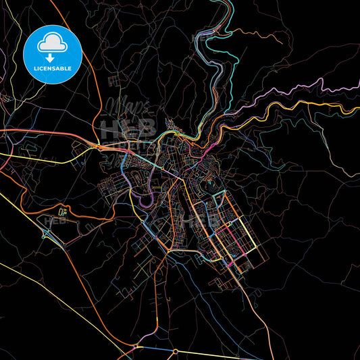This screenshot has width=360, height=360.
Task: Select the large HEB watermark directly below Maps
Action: (128, 128)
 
